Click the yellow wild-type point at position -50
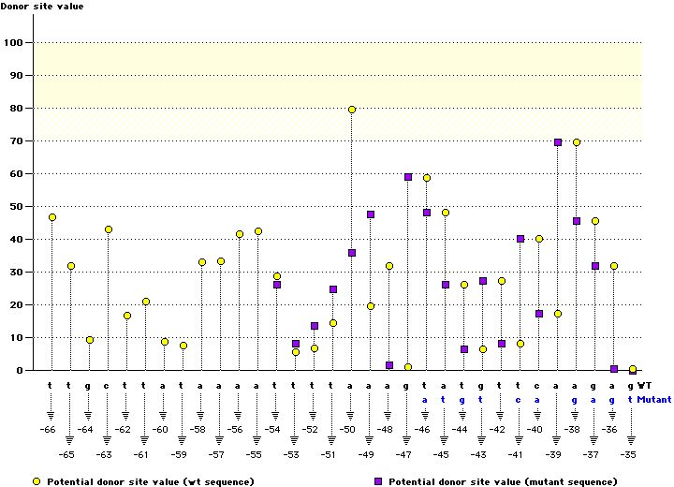(352, 110)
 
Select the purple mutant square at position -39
(558, 142)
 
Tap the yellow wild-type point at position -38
(577, 142)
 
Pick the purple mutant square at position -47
(408, 177)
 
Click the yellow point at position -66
(52, 217)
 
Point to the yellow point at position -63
(109, 229)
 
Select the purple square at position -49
(371, 214)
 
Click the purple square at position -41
(520, 239)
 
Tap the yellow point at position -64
(90, 340)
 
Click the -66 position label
(49, 429)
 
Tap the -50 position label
(348, 429)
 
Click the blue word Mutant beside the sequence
(654, 398)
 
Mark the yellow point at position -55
(258, 231)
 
